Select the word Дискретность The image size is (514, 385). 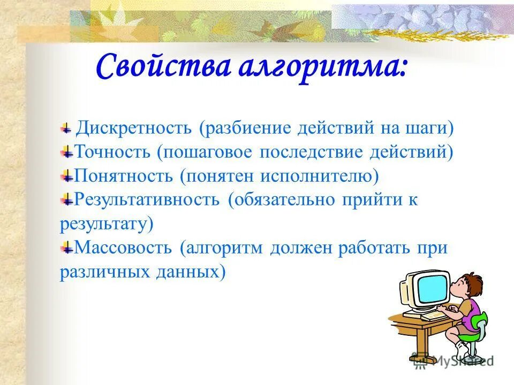click(x=134, y=128)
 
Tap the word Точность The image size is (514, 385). click(x=112, y=151)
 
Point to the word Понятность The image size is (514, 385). click(x=123, y=176)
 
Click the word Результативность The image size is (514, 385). click(x=147, y=199)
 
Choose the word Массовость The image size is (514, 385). click(x=123, y=248)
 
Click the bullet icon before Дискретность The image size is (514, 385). click(x=66, y=128)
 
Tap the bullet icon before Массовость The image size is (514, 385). click(x=67, y=248)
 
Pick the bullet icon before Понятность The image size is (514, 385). click(x=67, y=176)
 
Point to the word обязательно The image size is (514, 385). click(x=284, y=200)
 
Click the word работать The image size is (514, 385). click(x=374, y=248)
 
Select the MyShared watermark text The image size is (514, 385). click(x=462, y=361)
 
